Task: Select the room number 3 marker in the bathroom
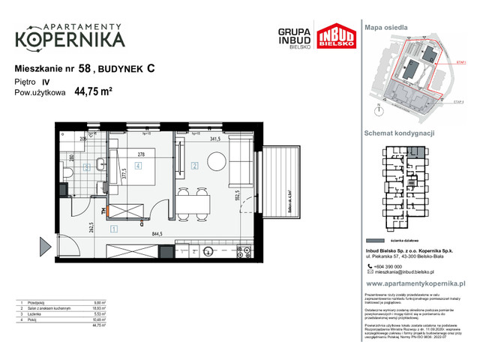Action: click(x=87, y=166)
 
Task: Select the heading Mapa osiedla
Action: click(x=386, y=26)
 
